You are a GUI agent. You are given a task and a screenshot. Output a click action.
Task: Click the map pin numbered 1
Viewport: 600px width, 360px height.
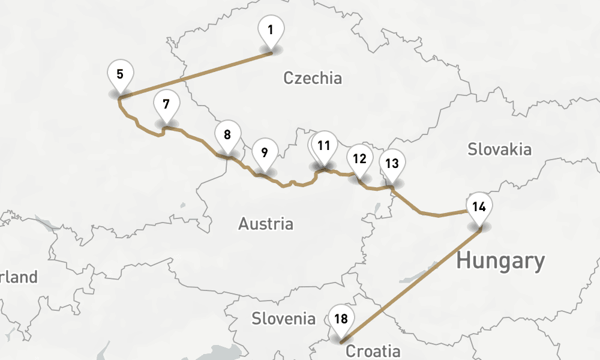271,30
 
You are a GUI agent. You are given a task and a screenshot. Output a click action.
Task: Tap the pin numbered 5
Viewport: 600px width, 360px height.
120,75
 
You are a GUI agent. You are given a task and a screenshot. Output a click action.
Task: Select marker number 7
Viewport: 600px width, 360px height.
166,104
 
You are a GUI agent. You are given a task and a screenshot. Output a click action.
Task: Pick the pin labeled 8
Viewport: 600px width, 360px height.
227,135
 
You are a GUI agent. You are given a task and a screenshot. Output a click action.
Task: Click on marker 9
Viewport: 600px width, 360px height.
265,152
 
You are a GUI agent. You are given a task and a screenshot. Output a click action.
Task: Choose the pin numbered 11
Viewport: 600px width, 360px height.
325,146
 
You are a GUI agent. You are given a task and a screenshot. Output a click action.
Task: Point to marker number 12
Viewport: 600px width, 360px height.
359,159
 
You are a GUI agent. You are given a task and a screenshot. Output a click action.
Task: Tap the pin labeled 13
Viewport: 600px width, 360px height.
392,163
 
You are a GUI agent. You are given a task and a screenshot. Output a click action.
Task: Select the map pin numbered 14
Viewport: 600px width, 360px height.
478,207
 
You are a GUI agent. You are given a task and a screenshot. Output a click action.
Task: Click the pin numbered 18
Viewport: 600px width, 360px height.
341,319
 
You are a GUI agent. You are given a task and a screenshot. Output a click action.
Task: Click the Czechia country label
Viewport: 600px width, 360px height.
312,78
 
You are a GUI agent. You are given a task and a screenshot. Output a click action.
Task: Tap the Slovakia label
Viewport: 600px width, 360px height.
499,149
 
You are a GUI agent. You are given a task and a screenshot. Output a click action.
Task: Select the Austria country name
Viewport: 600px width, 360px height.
266,224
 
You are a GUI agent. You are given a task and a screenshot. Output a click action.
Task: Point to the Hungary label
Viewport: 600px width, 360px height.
500,261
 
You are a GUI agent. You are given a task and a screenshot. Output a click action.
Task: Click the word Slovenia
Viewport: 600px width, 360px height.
283,318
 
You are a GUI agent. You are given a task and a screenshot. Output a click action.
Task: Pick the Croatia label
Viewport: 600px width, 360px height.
373,351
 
